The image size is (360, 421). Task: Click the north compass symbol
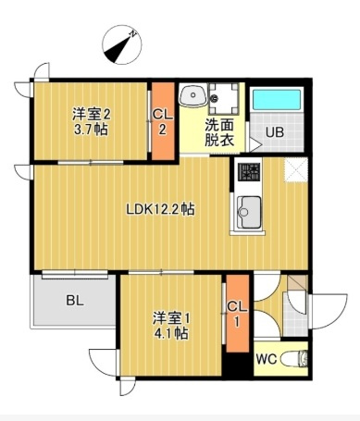(x=122, y=45)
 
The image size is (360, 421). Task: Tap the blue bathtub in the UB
(x=277, y=99)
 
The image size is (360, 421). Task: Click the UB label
(x=275, y=132)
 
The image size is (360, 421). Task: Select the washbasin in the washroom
(x=193, y=95)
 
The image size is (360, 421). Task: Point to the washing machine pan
(x=224, y=98)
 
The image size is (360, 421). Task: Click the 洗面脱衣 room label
(x=219, y=132)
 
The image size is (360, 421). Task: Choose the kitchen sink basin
(x=249, y=212)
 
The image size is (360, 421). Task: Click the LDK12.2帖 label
(x=160, y=209)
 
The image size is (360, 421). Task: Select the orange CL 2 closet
(x=164, y=121)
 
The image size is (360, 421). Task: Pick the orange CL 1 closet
(x=238, y=313)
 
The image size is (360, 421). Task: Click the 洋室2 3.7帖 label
(x=91, y=122)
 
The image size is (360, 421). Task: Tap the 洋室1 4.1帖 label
(x=171, y=326)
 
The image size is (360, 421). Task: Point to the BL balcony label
(x=75, y=300)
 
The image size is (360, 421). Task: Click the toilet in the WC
(x=294, y=359)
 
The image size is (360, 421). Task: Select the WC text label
(x=267, y=359)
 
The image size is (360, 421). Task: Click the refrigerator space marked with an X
(x=296, y=169)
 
